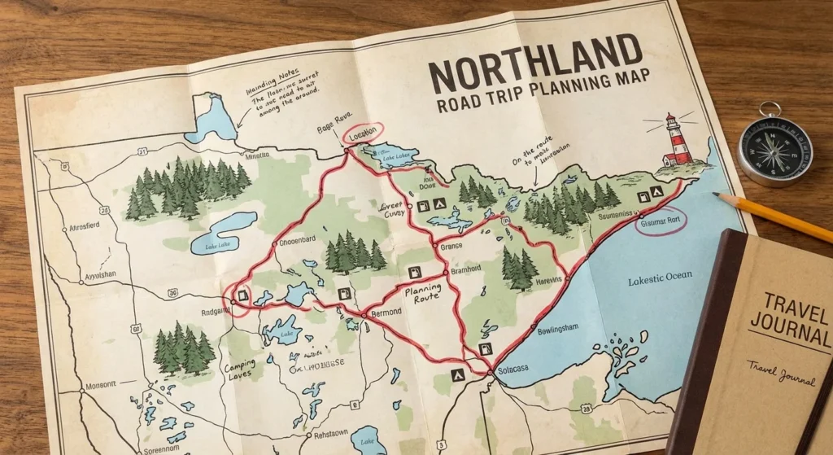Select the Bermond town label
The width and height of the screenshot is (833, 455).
point(386,313)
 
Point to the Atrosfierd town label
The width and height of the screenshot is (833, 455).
point(91,229)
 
